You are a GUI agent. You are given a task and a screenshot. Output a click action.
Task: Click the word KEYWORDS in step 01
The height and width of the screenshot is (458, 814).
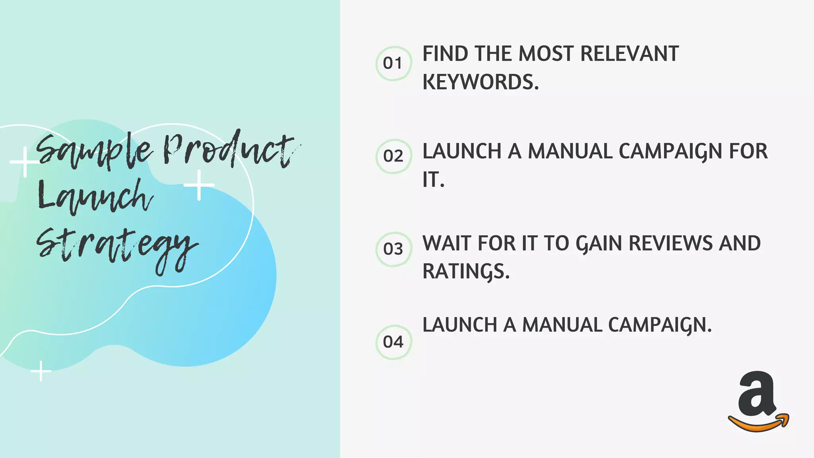point(480,82)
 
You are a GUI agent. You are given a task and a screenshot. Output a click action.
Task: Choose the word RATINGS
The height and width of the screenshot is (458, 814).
point(465,272)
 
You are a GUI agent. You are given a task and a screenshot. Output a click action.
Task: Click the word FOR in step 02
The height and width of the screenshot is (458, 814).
point(748,151)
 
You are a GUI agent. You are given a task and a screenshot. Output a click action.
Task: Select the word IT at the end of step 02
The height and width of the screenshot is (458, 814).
point(432,180)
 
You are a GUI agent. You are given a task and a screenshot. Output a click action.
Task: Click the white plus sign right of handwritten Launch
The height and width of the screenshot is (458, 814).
point(199,185)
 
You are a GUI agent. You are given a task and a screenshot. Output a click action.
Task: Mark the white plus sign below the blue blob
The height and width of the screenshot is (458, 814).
point(41,371)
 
